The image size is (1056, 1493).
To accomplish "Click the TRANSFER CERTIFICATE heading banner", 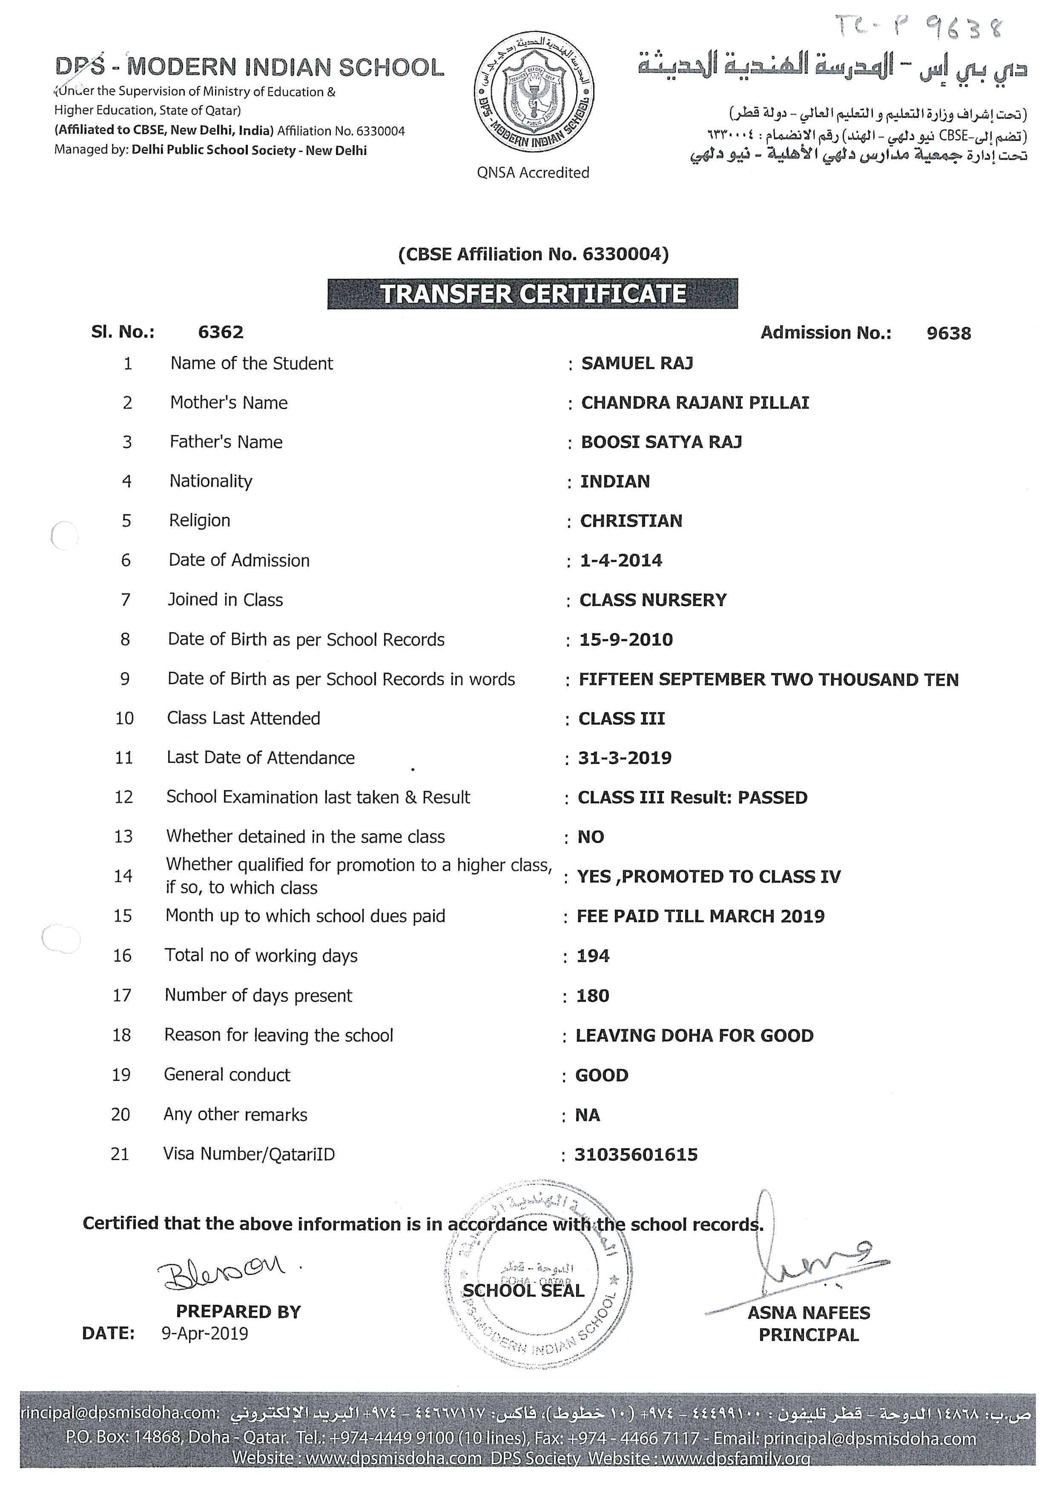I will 533,294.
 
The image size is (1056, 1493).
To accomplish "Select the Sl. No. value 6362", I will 221,332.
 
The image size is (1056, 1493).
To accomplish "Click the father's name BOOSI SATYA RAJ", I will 661,442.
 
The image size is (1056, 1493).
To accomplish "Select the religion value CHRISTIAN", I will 631,521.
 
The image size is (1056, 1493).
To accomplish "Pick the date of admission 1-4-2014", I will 621,561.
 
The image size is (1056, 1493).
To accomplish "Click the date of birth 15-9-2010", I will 626,640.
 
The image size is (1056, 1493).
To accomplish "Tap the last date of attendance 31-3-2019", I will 624,758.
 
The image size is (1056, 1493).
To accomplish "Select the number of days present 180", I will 592,996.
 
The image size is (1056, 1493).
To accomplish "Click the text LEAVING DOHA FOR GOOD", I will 694,1035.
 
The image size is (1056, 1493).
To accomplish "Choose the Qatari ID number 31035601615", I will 636,1155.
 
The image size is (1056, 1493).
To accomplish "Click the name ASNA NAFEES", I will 808,1313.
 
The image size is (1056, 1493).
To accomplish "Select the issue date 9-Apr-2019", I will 205,1334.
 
